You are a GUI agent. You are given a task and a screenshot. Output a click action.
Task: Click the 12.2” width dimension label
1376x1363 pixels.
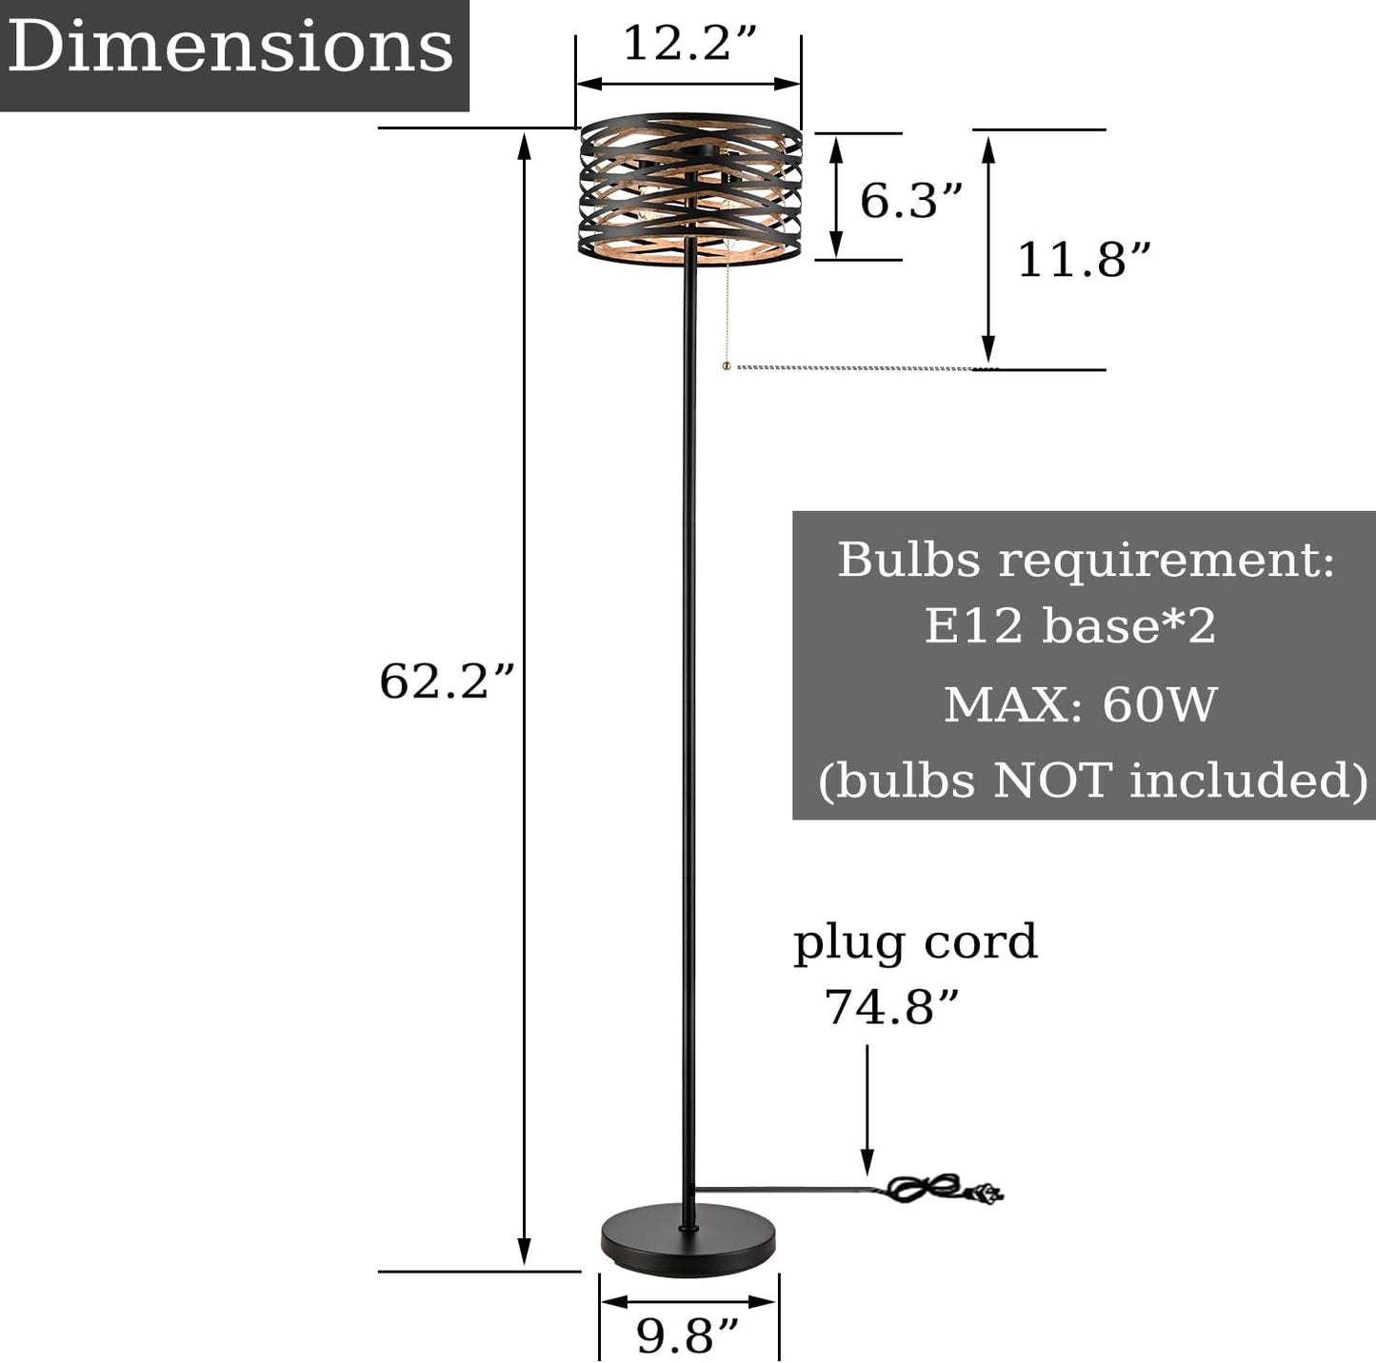tap(688, 44)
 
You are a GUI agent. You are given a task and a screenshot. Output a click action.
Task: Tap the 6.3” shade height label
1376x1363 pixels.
tap(910, 201)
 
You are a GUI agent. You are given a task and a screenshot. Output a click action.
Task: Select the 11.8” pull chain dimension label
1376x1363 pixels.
tap(1084, 260)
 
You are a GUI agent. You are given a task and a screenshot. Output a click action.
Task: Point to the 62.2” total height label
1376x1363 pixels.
tap(447, 681)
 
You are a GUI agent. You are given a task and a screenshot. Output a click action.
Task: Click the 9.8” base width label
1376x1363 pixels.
tap(687, 1336)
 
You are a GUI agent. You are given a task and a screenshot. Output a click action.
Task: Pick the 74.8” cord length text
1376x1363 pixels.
tap(890, 1007)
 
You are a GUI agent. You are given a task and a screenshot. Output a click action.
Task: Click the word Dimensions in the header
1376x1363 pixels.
tap(231, 47)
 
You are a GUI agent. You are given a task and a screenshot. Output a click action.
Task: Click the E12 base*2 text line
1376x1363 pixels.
tap(1069, 626)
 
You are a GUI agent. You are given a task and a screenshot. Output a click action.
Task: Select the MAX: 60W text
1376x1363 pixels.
tap(1081, 705)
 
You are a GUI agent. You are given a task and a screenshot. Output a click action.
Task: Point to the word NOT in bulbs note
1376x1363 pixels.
tap(1052, 780)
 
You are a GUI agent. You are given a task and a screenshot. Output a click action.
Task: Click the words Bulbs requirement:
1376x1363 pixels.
tap(1086, 560)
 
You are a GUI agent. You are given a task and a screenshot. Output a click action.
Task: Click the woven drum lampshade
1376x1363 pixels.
tap(690, 188)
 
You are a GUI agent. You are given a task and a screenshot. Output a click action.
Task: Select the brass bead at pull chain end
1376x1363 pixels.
tap(727, 365)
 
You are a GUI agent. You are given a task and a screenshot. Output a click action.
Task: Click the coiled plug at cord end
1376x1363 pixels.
tap(943, 1190)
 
